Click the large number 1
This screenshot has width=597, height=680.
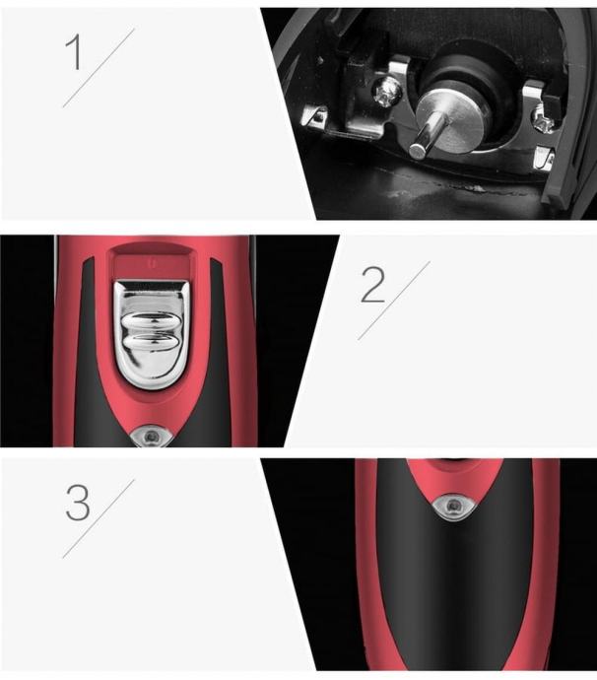tap(74, 52)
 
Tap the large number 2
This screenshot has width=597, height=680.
tap(372, 285)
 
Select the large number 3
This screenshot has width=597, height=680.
tap(78, 503)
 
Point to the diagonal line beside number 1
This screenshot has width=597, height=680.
tap(99, 68)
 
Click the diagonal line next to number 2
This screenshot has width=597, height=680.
tap(394, 301)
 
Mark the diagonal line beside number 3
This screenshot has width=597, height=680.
tap(99, 518)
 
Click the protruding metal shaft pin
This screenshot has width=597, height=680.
tap(427, 133)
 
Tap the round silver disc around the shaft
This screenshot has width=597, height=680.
tap(451, 118)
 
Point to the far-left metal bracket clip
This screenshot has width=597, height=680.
tap(315, 115)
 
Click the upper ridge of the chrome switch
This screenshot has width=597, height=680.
tap(150, 324)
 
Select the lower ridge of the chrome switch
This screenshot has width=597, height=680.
tap(151, 343)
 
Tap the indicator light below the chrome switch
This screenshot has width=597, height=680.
tap(151, 437)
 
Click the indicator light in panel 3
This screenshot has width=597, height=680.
tap(453, 506)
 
